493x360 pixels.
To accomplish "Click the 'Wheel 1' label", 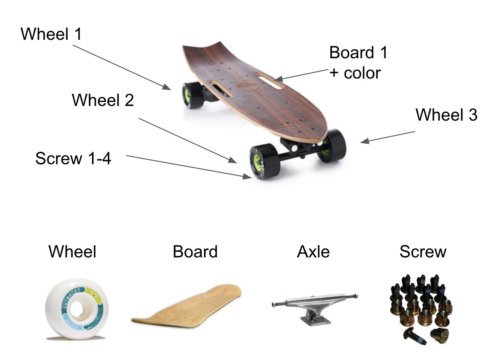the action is (x=51, y=34).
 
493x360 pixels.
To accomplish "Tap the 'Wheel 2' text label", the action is (x=103, y=100).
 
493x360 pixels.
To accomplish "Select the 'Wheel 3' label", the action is (x=446, y=115).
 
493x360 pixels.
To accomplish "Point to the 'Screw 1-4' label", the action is (x=73, y=158).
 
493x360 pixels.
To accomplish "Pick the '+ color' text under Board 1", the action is (x=355, y=73).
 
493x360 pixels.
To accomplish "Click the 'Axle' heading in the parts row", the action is (x=313, y=251).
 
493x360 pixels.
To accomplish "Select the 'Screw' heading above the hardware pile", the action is (x=423, y=251).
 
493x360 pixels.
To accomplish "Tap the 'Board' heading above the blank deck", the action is (x=195, y=251).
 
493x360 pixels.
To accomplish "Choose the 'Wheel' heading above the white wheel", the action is (x=72, y=251).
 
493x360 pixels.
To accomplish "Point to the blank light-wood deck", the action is (x=187, y=307).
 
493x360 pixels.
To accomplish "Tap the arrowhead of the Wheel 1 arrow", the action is (x=167, y=87).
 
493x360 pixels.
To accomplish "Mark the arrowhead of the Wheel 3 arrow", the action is (x=364, y=141).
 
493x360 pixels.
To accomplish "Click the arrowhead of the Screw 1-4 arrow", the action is (x=247, y=176).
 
